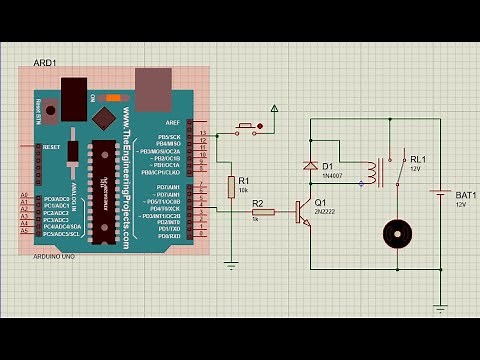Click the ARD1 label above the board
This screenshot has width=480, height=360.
44,62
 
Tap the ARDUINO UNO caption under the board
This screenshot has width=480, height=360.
56,256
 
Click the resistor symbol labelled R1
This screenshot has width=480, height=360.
231,186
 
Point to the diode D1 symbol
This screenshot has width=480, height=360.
310,166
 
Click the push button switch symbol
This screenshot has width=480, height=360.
247,127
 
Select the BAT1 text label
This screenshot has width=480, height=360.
465,195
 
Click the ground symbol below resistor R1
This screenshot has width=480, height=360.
231,265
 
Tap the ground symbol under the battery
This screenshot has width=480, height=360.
440,309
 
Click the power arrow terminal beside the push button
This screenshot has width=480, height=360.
275,108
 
